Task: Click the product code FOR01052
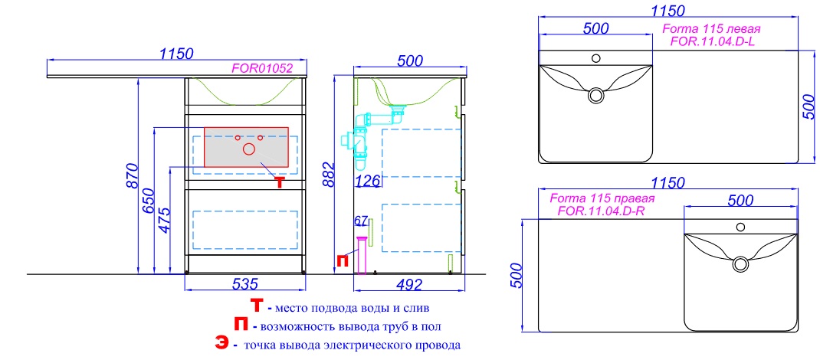point(261,68)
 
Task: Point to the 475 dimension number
point(164,221)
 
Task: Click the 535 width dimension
point(244,284)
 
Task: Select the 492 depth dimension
point(409,285)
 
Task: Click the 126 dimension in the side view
point(368,182)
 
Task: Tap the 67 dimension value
point(360,221)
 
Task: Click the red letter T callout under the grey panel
point(280,182)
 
